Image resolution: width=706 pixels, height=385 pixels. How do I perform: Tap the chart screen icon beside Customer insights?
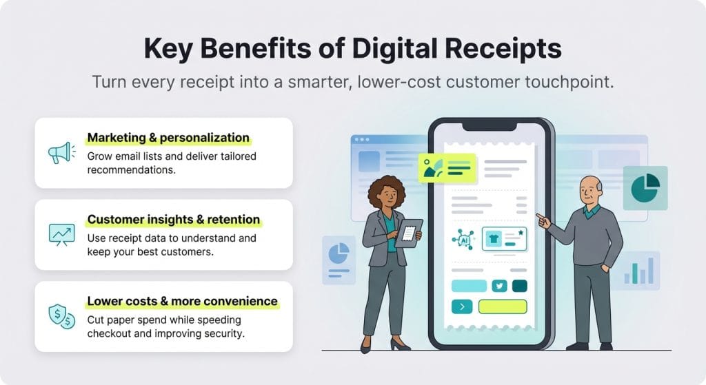coord(61,234)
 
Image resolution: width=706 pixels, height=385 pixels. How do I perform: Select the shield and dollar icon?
coord(61,316)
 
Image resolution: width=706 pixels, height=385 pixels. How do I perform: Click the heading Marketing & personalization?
coord(168,138)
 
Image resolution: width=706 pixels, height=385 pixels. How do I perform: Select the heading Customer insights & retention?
coord(174,220)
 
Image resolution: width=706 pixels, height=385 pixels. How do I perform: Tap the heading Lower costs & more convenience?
coord(182,301)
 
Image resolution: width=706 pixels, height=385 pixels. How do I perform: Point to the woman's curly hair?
coord(382,189)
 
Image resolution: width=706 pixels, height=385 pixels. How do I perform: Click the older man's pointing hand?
coord(543,220)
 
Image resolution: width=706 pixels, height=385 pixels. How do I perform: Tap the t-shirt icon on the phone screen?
coord(493,238)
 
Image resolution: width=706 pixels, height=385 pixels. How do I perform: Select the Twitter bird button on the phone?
coord(498,286)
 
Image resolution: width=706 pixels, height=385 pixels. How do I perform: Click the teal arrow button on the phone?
coord(461,306)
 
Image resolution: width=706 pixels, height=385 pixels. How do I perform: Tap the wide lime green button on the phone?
coord(502,306)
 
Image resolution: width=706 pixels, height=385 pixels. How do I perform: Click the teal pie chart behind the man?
coord(645,187)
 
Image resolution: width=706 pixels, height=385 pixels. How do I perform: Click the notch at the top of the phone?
coord(490,125)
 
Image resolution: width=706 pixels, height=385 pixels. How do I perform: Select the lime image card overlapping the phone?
coord(447,168)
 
